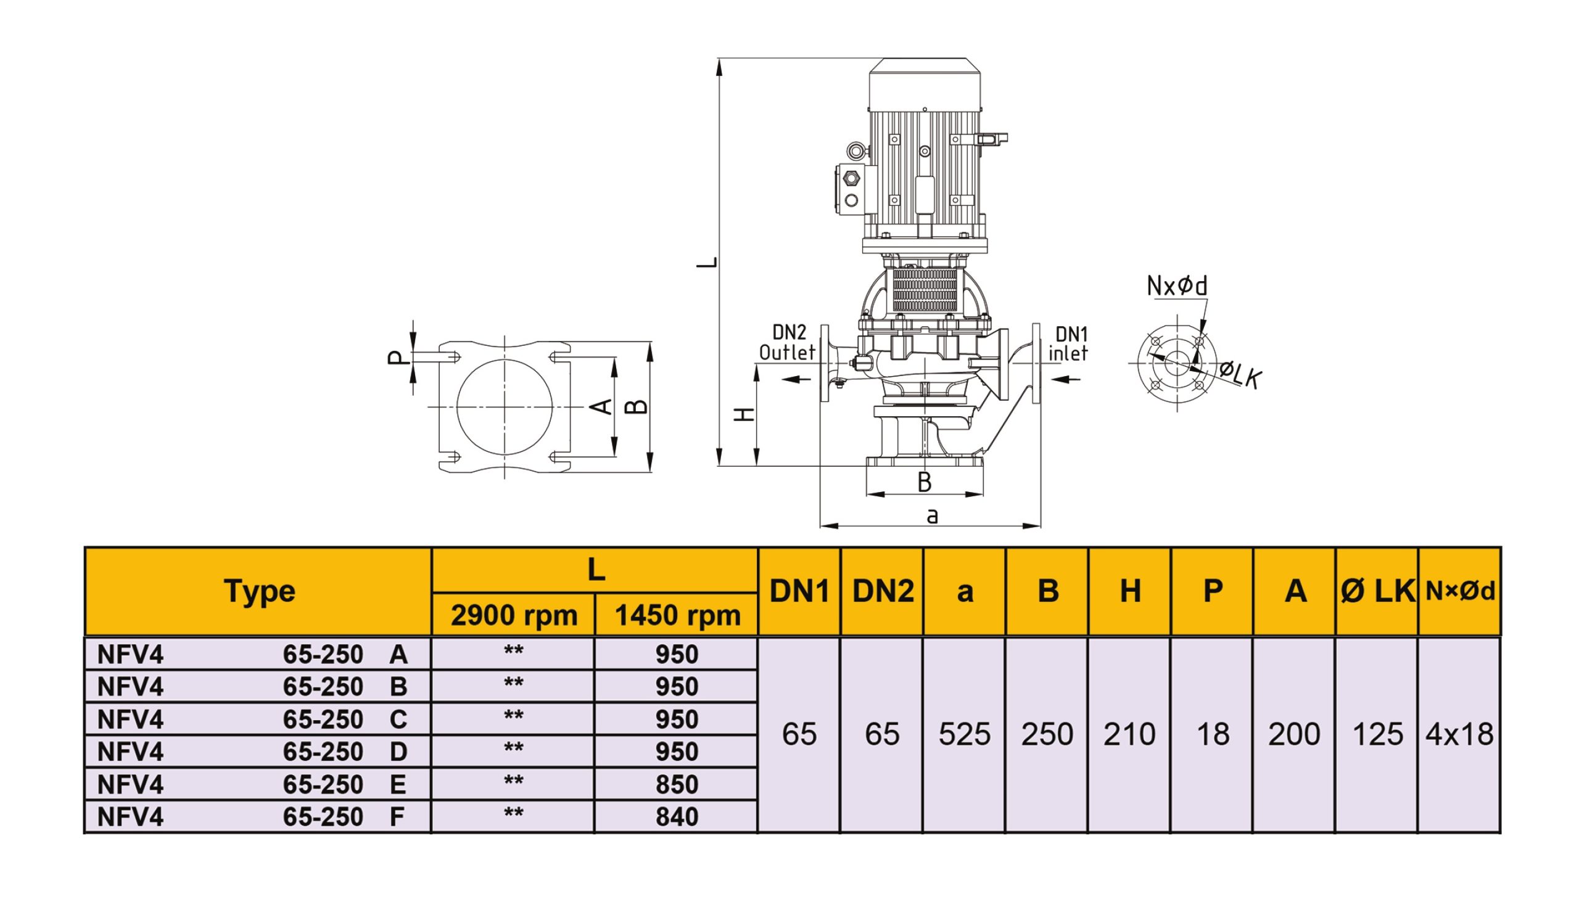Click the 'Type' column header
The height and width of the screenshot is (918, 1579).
pyautogui.click(x=260, y=591)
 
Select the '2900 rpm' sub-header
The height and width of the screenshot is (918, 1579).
pyautogui.click(x=514, y=615)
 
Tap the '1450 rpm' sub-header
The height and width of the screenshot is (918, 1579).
pyautogui.click(x=677, y=615)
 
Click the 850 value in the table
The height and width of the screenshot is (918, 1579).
pyautogui.click(x=677, y=784)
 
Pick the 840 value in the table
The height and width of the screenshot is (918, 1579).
pyautogui.click(x=677, y=816)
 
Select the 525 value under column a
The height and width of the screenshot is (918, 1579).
pyautogui.click(x=964, y=734)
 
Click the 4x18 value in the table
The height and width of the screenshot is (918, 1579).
pyautogui.click(x=1459, y=734)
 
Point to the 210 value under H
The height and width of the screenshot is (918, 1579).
pyautogui.click(x=1129, y=734)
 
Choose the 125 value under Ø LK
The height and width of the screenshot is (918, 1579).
pyautogui.click(x=1377, y=734)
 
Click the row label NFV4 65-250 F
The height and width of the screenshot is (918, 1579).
pyautogui.click(x=252, y=816)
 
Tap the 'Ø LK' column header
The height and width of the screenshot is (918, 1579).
pyautogui.click(x=1377, y=591)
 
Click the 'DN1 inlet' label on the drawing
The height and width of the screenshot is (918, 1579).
pyautogui.click(x=1068, y=343)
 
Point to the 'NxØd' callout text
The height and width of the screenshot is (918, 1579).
pyautogui.click(x=1177, y=286)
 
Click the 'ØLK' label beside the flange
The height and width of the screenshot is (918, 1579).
pyautogui.click(x=1240, y=375)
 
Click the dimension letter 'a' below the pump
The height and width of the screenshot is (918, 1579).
pyautogui.click(x=933, y=516)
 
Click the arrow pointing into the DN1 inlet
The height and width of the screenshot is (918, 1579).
pyautogui.click(x=1066, y=378)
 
